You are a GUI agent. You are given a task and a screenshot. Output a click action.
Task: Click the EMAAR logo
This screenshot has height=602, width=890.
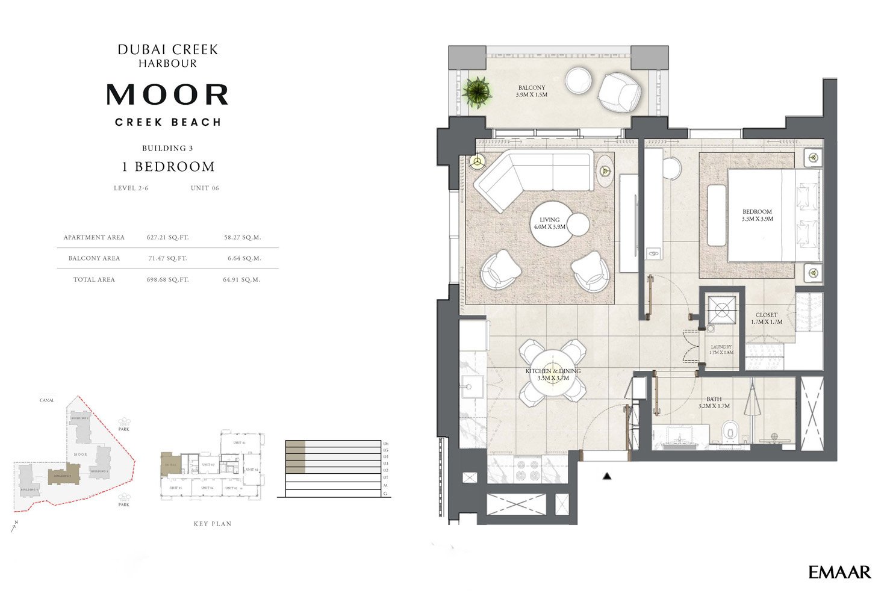pyautogui.click(x=839, y=573)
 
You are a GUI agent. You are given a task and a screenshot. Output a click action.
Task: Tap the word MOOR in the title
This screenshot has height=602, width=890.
pyautogui.click(x=167, y=95)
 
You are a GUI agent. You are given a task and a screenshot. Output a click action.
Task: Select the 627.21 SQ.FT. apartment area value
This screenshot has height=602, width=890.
pyautogui.click(x=167, y=237)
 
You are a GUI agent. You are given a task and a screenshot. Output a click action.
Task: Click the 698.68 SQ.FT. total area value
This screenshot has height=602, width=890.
pyautogui.click(x=167, y=279)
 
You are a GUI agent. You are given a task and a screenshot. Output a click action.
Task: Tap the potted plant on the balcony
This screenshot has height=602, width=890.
pyautogui.click(x=477, y=92)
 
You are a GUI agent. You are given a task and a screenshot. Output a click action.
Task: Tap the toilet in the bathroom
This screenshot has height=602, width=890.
pyautogui.click(x=730, y=431)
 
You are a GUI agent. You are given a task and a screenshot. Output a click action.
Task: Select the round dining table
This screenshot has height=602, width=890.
pyautogui.click(x=553, y=372)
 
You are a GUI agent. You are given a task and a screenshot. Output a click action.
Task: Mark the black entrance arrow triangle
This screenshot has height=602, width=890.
pyautogui.click(x=608, y=477)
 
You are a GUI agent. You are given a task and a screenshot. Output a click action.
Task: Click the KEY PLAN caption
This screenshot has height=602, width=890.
pyautogui.click(x=213, y=524)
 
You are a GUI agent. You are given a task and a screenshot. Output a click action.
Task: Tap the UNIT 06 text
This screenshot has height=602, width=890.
pyautogui.click(x=205, y=188)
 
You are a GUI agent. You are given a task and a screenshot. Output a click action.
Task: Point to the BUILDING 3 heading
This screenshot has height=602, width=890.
pyautogui.click(x=167, y=148)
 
